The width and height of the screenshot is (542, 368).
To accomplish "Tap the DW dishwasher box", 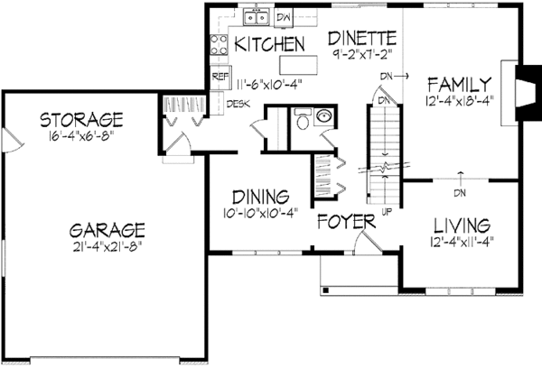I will pyautogui.click(x=284, y=17).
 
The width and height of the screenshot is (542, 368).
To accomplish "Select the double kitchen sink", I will pyautogui.click(x=254, y=17).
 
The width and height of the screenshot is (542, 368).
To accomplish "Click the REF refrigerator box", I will pyautogui.click(x=219, y=78).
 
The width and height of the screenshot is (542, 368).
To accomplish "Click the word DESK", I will pyautogui.click(x=238, y=104).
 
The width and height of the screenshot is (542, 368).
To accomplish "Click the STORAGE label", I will pyautogui.click(x=81, y=119).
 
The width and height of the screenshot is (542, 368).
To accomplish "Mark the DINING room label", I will pyautogui.click(x=259, y=196).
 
